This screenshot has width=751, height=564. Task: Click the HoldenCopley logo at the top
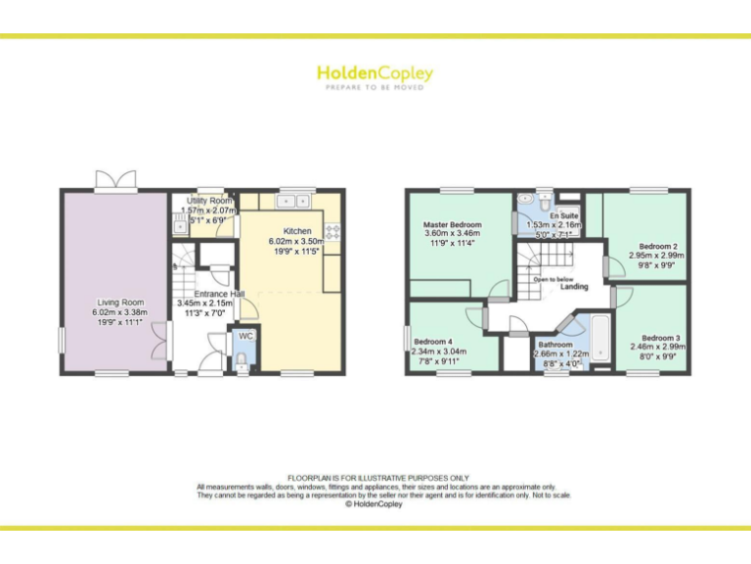[375, 74]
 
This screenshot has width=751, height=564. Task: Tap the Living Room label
[119, 303]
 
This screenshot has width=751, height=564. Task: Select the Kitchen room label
[297, 231]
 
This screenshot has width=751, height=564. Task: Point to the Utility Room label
[208, 201]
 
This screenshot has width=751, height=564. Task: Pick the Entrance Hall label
[218, 294]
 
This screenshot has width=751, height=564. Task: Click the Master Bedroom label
[452, 224]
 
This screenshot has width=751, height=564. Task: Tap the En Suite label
[561, 215]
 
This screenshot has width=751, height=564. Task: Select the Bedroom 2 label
[658, 246]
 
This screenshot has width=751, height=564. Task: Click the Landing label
[574, 286]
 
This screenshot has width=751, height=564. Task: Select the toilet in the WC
[242, 360]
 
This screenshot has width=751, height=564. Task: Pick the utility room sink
[181, 226]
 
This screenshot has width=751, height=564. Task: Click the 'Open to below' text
[553, 279]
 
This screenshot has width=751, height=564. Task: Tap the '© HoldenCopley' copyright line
[375, 504]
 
